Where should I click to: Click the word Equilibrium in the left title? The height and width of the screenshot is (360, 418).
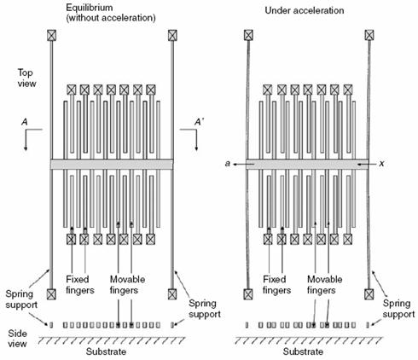[x=90, y=8]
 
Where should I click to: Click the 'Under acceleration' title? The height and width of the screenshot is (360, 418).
[x=305, y=10]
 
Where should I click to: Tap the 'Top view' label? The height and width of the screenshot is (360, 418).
[x=26, y=78]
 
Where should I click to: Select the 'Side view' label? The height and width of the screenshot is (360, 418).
[x=17, y=339]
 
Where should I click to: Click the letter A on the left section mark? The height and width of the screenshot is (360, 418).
[x=25, y=122]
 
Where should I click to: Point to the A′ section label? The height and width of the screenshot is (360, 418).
[x=199, y=122]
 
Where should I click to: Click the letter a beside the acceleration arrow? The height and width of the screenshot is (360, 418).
[x=227, y=164]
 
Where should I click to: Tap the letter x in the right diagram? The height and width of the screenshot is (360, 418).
[x=381, y=164]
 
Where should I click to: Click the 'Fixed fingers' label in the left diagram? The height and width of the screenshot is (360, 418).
[x=80, y=285]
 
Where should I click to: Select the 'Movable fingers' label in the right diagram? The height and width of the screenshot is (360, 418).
[x=324, y=285]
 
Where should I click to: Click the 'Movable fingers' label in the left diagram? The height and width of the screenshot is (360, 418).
[x=127, y=285]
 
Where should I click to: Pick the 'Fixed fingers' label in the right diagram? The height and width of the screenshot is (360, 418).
[x=276, y=285]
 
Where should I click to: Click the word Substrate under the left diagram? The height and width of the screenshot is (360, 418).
[x=106, y=351]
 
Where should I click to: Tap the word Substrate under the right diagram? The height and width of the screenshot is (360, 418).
[x=303, y=351]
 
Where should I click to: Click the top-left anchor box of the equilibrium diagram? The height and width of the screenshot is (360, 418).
[x=51, y=35]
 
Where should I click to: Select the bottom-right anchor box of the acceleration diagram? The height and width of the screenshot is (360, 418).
[x=369, y=294]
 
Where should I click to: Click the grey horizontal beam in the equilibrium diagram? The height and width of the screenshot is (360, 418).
[x=112, y=165]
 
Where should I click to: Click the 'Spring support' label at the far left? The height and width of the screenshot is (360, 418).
[x=21, y=299]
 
